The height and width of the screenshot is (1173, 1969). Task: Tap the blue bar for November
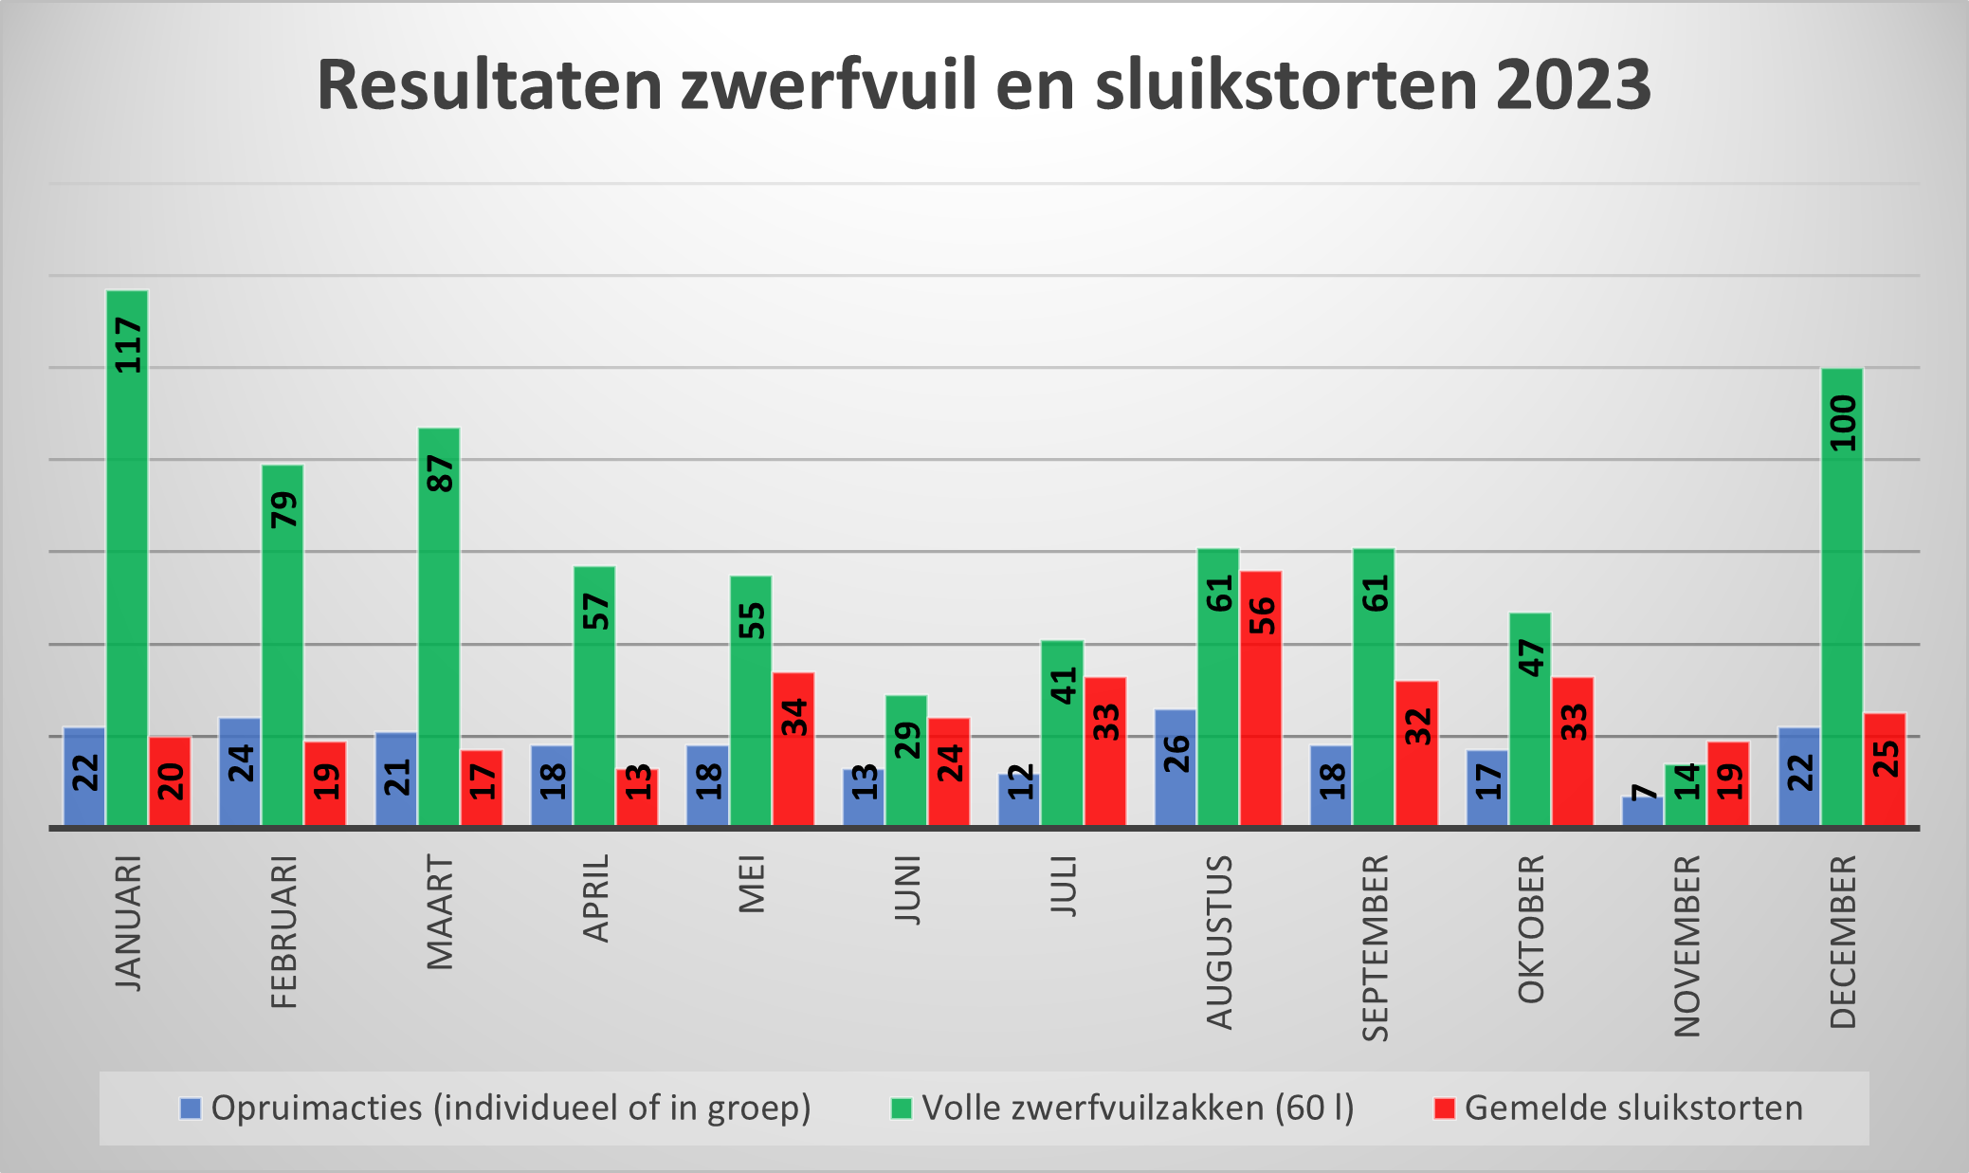click(1642, 812)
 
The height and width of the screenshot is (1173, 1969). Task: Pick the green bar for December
click(1842, 597)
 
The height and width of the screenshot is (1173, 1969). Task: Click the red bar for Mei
click(793, 749)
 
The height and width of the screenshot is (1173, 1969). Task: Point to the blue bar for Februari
click(240, 772)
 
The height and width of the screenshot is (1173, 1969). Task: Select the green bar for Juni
click(906, 761)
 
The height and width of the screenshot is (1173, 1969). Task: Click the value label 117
click(128, 345)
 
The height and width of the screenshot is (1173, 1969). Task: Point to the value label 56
click(1262, 615)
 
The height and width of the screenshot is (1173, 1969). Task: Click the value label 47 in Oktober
click(1531, 658)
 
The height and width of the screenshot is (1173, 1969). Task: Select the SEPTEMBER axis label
click(1376, 947)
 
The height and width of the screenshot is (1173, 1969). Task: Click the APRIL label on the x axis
click(596, 898)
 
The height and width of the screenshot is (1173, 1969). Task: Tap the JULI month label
click(1064, 886)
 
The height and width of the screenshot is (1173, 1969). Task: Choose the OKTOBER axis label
click(1531, 929)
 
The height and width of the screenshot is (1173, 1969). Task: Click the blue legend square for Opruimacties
click(191, 1108)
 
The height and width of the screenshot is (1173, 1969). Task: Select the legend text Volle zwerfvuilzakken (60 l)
click(1138, 1108)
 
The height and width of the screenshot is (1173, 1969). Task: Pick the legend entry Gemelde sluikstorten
click(1632, 1108)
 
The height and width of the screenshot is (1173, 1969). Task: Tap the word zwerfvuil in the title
click(828, 85)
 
